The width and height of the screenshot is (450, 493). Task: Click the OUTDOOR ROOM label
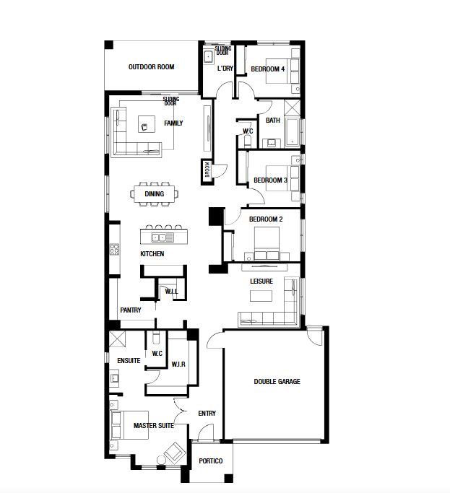coord(152,67)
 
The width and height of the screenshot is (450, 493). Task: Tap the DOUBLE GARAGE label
coord(277,381)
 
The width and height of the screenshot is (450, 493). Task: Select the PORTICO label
coord(210,461)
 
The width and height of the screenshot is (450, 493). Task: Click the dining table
coord(154,193)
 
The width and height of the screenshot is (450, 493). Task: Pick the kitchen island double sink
coord(163,237)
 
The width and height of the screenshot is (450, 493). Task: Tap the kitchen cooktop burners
coord(114,249)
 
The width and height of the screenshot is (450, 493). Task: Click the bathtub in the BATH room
coord(293,133)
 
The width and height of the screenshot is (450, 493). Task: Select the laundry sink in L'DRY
coord(209,57)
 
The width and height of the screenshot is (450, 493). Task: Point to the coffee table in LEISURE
coord(261,296)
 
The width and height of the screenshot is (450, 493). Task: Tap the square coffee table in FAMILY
coord(147,124)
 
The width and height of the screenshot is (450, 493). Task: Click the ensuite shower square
coord(117,339)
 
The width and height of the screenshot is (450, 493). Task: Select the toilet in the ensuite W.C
coord(156,337)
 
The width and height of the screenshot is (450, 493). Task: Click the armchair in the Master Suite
coord(173,453)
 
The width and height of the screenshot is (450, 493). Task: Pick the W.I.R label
coord(178,364)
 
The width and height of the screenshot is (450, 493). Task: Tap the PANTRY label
coord(131,310)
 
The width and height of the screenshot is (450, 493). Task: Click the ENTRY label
coord(207,413)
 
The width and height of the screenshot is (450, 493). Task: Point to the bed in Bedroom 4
coord(279,71)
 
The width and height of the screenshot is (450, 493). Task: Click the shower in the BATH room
coord(293,108)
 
